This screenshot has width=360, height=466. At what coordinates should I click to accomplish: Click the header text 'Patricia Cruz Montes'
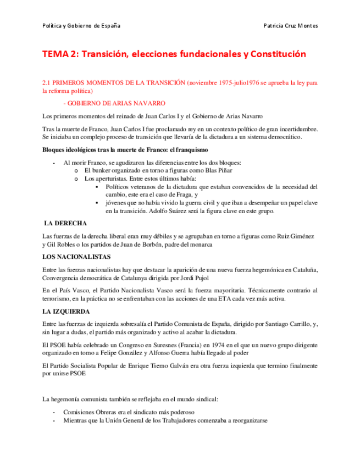[x=291, y=26]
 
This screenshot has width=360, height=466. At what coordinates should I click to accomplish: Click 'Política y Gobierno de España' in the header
[x=81, y=26]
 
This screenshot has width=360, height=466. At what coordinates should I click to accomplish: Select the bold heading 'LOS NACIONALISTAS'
[x=76, y=257]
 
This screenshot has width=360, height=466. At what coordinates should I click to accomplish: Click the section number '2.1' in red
[x=47, y=83]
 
